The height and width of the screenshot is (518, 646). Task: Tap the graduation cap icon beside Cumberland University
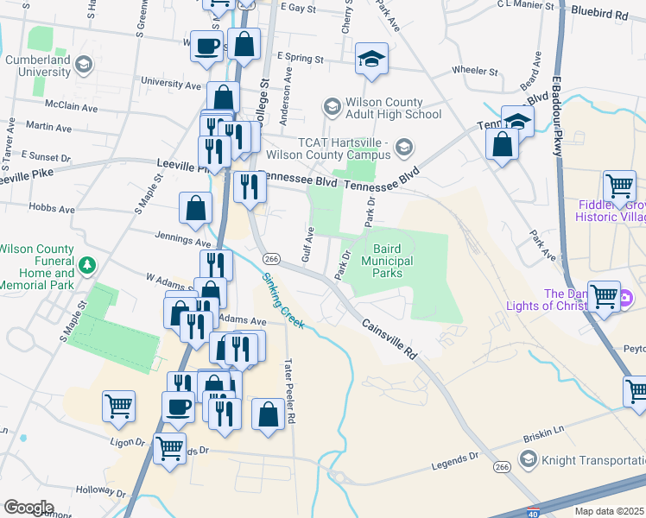(x=84, y=64)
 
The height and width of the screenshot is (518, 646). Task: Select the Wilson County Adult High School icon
(x=331, y=107)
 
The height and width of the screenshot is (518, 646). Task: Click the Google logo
(x=28, y=508)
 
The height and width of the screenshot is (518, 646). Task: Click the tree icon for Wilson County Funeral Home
(x=85, y=263)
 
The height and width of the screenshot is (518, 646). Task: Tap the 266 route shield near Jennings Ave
(x=270, y=259)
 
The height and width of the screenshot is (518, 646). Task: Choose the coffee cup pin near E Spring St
(x=206, y=47)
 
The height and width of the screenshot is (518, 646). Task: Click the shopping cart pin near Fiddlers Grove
(x=619, y=186)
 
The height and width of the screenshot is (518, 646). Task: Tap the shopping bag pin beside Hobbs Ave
(x=196, y=207)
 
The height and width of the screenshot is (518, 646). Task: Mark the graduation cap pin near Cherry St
(x=372, y=59)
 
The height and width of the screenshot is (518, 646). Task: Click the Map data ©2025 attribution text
(x=610, y=511)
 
